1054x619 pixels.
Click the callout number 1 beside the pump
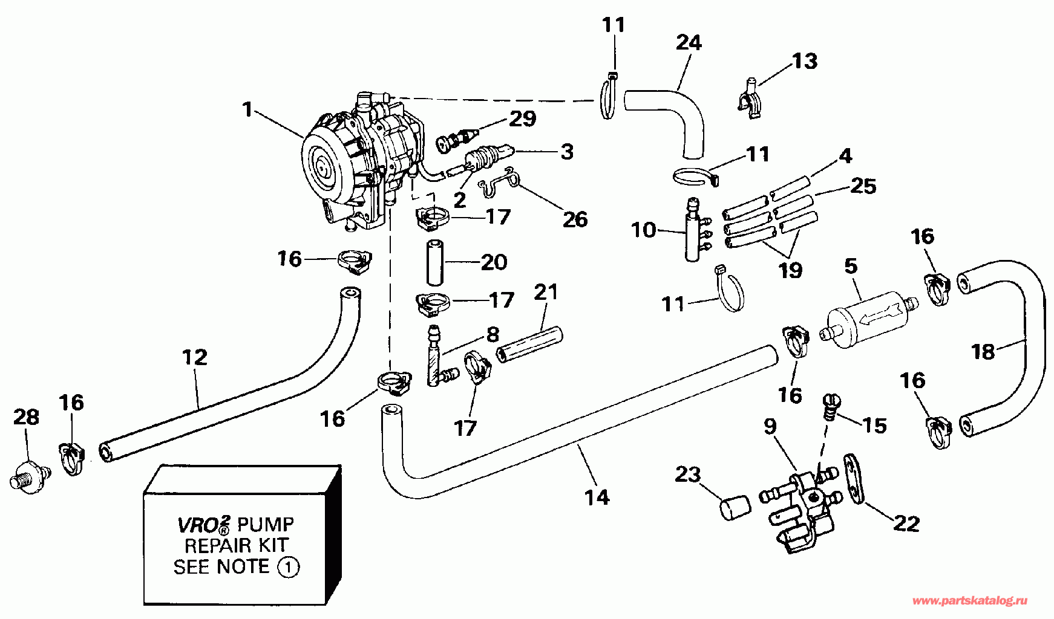246,110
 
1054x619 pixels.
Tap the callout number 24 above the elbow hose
689,42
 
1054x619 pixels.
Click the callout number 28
26,416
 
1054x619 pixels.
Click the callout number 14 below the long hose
597,497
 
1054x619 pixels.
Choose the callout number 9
770,426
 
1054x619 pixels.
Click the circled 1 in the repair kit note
288,568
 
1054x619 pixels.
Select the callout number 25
863,186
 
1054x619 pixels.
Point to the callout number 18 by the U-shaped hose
983,351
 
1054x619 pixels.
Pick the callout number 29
522,118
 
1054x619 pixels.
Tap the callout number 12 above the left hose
195,357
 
